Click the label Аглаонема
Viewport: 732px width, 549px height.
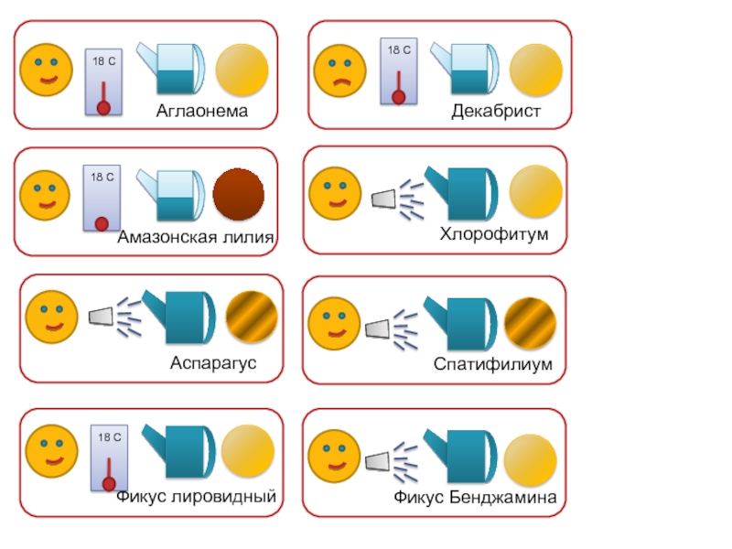(x=202, y=111)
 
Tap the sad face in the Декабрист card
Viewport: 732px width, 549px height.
(x=339, y=70)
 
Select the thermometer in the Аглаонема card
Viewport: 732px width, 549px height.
(x=103, y=82)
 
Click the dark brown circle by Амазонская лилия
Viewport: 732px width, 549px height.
(x=239, y=194)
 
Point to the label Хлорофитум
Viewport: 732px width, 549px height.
(x=494, y=234)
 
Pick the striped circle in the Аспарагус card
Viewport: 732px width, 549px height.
(x=252, y=316)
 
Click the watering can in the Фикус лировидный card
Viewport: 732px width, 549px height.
(x=181, y=450)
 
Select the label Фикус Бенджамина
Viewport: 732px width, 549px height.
(x=476, y=498)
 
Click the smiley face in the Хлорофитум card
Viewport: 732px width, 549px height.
(x=335, y=192)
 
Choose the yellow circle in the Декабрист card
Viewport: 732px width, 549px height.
(x=534, y=70)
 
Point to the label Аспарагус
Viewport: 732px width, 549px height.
(x=213, y=362)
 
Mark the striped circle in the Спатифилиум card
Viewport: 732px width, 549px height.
(x=529, y=323)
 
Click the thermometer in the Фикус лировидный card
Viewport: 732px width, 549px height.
(x=108, y=458)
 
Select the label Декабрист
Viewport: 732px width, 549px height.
(x=496, y=111)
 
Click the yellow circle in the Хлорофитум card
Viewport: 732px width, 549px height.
(x=535, y=191)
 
